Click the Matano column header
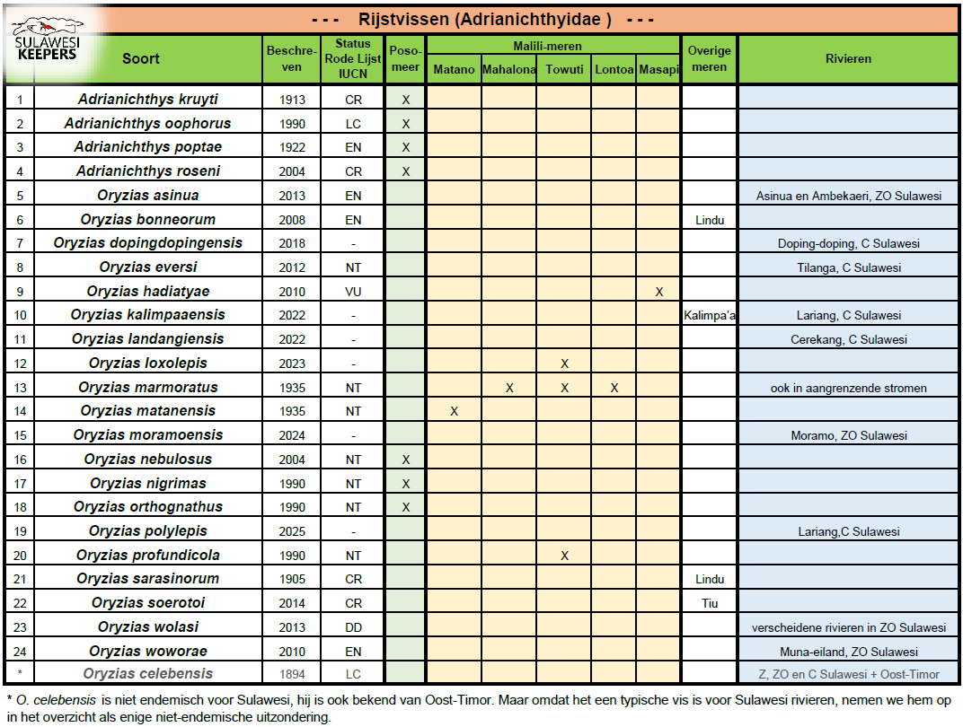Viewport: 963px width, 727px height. [454, 70]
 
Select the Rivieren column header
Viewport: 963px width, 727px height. [848, 59]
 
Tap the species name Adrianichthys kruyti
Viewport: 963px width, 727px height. [147, 100]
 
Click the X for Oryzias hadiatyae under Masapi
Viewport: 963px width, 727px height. [659, 292]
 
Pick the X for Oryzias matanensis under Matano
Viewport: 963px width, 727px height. [454, 411]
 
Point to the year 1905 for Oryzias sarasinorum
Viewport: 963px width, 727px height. [292, 579]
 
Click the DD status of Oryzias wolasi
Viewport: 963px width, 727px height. [353, 627]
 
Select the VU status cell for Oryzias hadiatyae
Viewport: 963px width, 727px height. [353, 292]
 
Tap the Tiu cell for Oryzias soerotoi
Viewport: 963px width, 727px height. [709, 603]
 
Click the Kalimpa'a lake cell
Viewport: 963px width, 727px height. [710, 315]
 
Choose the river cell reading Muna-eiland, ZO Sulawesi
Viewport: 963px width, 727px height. [848, 652]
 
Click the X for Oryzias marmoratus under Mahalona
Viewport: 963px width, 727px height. [509, 388]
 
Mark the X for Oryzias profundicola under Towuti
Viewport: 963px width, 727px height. [564, 556]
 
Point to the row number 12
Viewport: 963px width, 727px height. [20, 363]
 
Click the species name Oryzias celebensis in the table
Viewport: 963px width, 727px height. [147, 674]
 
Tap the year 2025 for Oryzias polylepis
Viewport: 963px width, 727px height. [292, 531]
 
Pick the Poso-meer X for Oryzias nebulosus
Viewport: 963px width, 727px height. [406, 460]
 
